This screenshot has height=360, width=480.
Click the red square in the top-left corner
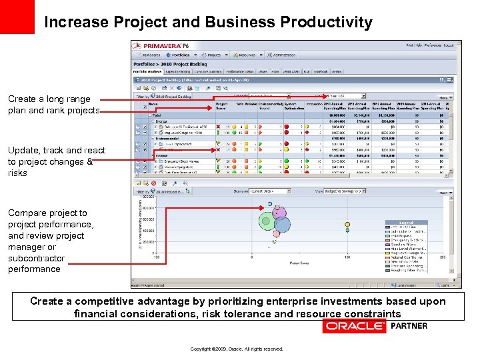pyautogui.click(x=17, y=17)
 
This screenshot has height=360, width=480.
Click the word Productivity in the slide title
pyautogui.click(x=326, y=22)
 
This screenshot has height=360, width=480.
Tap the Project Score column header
pyautogui.click(x=222, y=105)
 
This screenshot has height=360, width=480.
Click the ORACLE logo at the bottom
pyautogui.click(x=354, y=326)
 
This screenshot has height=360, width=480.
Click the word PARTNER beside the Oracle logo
pyautogui.click(x=409, y=326)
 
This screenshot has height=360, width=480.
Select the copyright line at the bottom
pyautogui.click(x=237, y=349)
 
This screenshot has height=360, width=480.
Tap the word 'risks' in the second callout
pyautogui.click(x=17, y=173)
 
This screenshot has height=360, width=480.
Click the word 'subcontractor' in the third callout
pyautogui.click(x=36, y=258)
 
